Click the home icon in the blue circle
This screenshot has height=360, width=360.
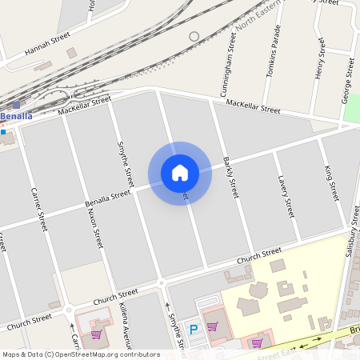click(180, 173)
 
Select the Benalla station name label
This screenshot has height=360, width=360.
click(17, 116)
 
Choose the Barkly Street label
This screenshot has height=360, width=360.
click(230, 177)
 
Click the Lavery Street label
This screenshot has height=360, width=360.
click(284, 196)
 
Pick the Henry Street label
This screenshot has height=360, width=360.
click(320, 62)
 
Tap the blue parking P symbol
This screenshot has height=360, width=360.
click(193, 328)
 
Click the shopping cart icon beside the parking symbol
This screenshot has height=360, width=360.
click(212, 326)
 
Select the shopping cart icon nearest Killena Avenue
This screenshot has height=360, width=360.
click(96, 334)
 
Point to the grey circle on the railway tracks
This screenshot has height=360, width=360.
click(194, 37)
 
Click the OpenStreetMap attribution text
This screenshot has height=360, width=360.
click(81, 354)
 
